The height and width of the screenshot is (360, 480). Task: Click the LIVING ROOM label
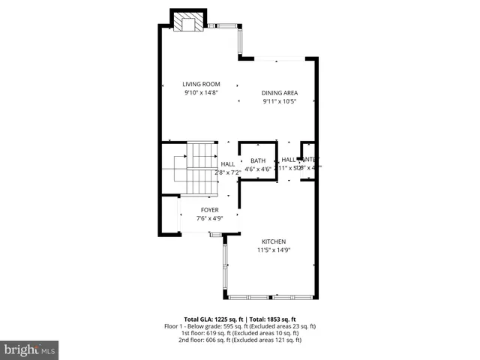pos(200,84)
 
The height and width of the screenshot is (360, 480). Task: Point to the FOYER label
pos(209,210)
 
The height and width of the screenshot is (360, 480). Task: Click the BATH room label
pos(258,160)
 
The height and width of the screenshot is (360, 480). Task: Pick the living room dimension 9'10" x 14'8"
pos(200,92)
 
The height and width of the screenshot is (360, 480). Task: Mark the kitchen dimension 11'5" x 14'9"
pos(273,250)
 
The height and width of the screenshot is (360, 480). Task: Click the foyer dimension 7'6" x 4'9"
pos(209,218)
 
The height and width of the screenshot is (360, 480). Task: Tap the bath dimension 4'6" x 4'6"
pos(258,169)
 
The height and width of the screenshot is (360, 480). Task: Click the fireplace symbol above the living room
pos(188,22)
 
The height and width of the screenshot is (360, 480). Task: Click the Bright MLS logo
pos(30,349)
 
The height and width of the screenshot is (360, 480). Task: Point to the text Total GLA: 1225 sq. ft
pos(212,319)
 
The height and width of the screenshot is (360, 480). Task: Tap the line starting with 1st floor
pos(240,333)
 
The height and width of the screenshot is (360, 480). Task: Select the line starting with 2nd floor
pos(240,340)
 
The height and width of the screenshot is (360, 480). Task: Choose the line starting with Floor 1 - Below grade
pos(240,326)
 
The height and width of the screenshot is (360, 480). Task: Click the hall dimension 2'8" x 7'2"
pos(227,172)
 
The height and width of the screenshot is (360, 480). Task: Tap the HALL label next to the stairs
pos(227,163)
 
